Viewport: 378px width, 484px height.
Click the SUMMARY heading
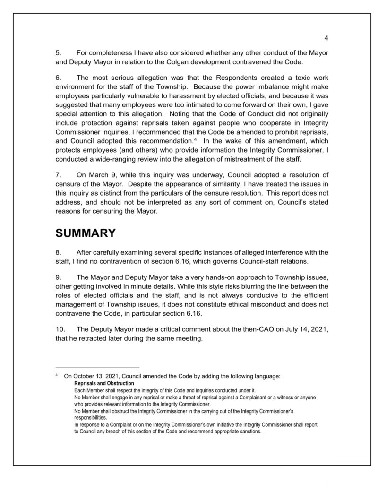(86, 233)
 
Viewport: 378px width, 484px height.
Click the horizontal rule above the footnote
(98, 367)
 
